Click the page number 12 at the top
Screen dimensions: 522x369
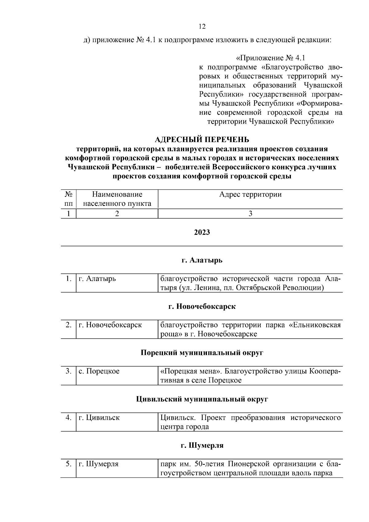202,26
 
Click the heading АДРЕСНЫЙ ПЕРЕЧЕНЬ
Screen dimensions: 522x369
202,140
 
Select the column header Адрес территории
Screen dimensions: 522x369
250,194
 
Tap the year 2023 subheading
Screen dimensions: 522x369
202,232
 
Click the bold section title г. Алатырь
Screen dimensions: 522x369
202,260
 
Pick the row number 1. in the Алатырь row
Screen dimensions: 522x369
69,279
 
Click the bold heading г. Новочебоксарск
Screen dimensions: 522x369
202,307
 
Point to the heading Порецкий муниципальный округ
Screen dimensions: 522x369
202,353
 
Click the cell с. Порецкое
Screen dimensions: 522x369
99,371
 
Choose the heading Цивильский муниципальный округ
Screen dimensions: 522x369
202,399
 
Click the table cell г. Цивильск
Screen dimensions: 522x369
99,418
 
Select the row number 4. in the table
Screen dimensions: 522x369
69,418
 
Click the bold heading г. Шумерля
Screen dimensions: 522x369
202,445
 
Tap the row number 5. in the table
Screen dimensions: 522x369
69,464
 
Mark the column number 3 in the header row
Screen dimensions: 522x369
250,214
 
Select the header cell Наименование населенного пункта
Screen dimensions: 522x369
117,199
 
